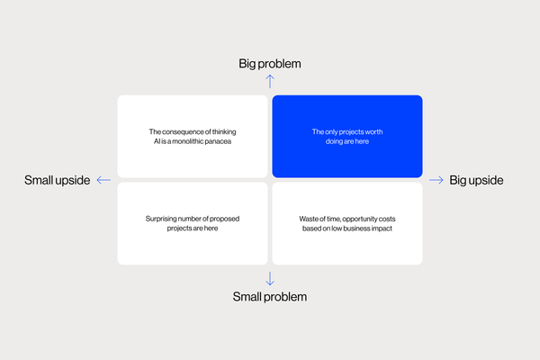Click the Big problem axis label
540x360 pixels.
click(270, 64)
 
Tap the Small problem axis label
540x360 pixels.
click(270, 297)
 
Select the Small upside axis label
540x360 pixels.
click(58, 180)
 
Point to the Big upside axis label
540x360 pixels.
click(476, 180)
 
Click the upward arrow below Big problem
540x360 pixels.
click(270, 82)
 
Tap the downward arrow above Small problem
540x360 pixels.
click(270, 279)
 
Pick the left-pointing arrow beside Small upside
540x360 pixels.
click(103, 180)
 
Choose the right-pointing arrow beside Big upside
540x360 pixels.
click(436, 180)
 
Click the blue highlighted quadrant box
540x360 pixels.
click(347, 137)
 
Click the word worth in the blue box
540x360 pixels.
click(373, 131)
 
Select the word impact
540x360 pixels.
click(382, 229)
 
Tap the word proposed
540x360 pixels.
click(224, 219)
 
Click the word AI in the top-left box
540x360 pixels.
click(157, 141)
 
